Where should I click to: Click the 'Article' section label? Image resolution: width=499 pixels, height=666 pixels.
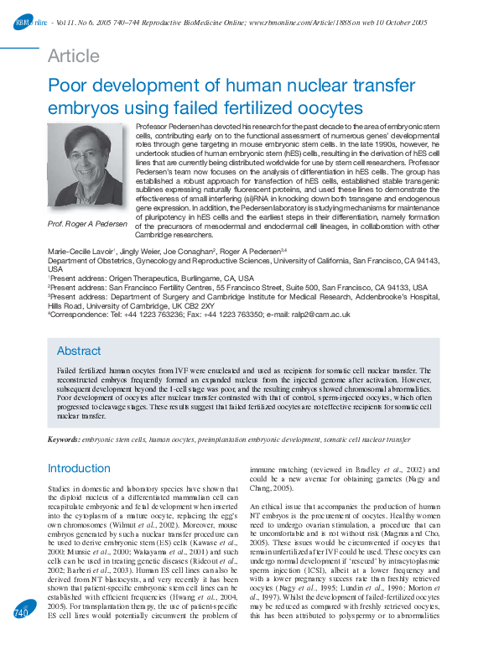[x=73, y=57]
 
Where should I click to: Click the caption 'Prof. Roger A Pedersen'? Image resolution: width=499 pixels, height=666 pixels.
[x=87, y=224]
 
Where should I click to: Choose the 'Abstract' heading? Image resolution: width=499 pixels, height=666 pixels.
[x=79, y=351]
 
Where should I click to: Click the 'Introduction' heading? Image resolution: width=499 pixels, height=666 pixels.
[x=79, y=468]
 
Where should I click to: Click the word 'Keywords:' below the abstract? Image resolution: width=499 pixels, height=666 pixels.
[x=65, y=440]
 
